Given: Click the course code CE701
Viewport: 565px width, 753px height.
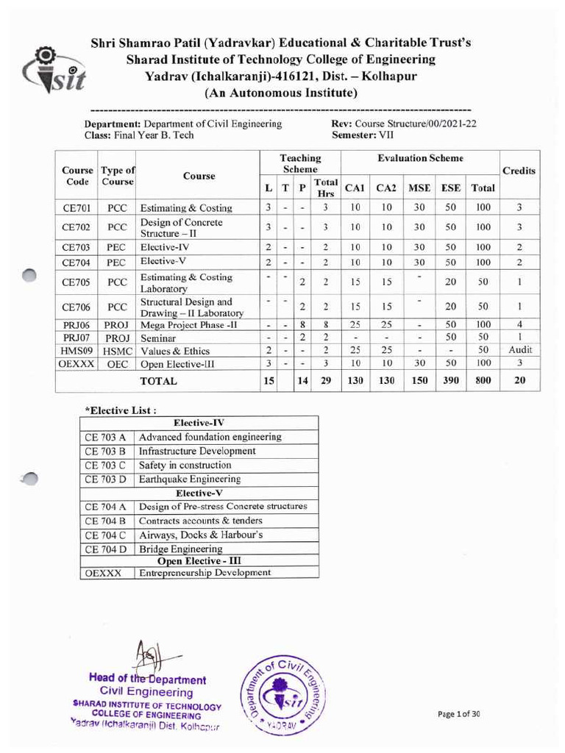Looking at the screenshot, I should coord(77,208).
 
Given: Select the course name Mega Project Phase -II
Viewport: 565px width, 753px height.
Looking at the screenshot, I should coord(180,324).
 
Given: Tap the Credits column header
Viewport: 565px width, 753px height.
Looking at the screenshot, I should coord(519,171).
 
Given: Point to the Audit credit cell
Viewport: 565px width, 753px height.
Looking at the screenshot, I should coord(519,349).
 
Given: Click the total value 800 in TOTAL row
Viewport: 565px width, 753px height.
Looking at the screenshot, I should coord(483,380).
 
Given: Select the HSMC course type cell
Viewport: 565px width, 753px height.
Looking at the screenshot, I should coord(117,350).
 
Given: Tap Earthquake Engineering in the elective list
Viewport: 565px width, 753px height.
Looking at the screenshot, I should coord(189,479).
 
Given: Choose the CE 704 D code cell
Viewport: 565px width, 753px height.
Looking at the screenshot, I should coord(106,549).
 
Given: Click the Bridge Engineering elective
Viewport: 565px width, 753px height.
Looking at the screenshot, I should coord(180,549).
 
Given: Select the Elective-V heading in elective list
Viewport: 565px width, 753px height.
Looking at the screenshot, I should coord(199,493).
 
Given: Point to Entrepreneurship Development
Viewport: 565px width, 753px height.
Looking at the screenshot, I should coord(205,572).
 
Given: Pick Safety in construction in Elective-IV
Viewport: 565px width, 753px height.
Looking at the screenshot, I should coord(185,465).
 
